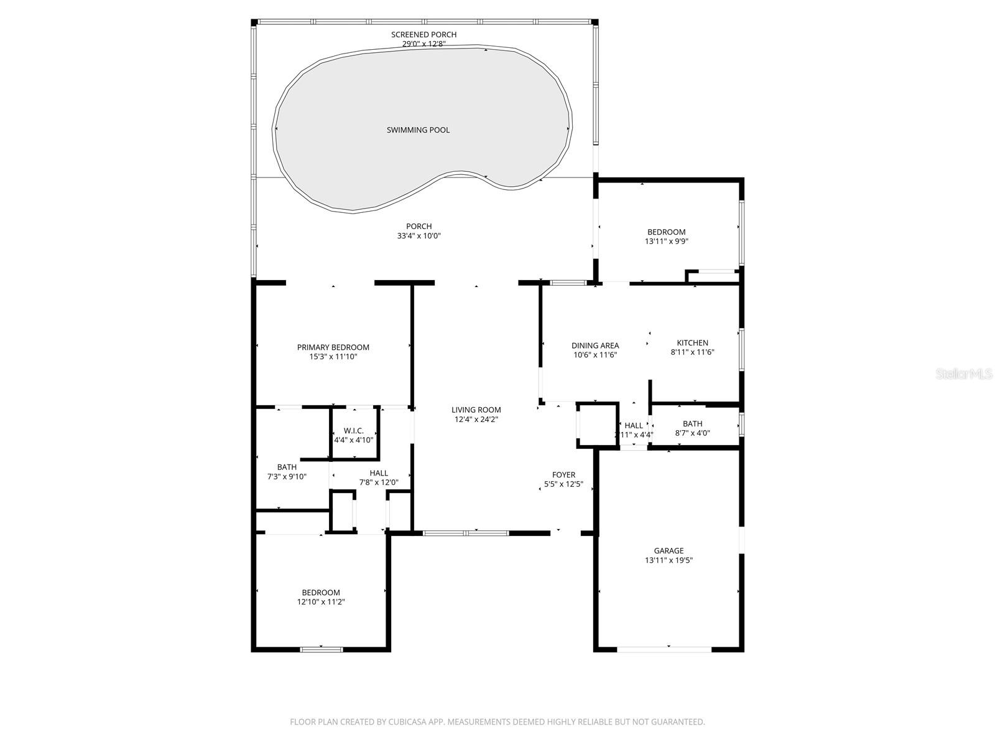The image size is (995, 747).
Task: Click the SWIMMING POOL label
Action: [x=418, y=130]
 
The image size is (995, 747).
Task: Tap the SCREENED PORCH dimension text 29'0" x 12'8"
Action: [x=423, y=44]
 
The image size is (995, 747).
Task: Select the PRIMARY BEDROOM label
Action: [x=333, y=347]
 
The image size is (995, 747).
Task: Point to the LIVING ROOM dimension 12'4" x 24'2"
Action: [x=476, y=420]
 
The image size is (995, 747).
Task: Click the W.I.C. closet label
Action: [x=353, y=431]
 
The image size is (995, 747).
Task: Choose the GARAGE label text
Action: [x=669, y=550]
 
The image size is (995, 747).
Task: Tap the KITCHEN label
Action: [x=692, y=343]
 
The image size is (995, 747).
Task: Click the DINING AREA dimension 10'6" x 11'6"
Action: [x=595, y=355]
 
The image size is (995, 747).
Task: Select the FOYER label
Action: [x=563, y=475]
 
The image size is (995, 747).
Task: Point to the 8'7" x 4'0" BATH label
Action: [x=692, y=424]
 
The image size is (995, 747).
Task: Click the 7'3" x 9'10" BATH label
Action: [x=287, y=467]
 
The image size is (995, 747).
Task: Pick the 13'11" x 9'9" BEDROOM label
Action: [x=666, y=232]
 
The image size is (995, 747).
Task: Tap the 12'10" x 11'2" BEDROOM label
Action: [x=321, y=593]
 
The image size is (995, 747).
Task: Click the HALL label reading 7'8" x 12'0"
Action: [x=379, y=473]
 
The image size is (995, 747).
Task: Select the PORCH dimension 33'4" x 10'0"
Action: [x=419, y=236]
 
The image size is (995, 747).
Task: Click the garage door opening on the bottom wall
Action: [x=664, y=649]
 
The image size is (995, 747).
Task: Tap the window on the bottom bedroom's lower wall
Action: [x=322, y=650]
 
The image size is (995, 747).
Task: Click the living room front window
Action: [x=465, y=533]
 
